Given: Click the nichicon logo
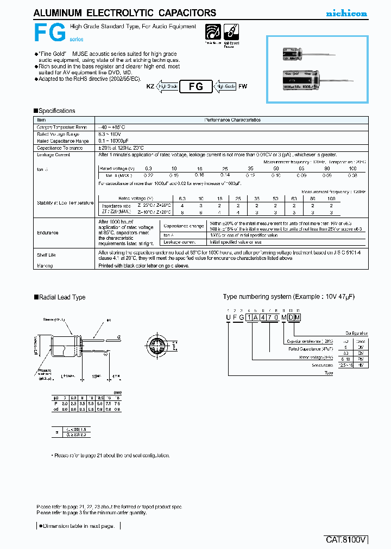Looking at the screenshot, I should tap(346, 13).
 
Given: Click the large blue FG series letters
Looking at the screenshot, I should tap(50, 34).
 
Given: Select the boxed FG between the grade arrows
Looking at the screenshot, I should tap(195, 86).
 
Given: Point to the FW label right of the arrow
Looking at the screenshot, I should tap(243, 86).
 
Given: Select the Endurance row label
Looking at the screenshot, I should tap(48, 233).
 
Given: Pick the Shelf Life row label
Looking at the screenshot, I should tap(47, 255).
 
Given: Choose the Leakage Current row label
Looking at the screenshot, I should tap(53, 155).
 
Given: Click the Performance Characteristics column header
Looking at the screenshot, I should tap(232, 120).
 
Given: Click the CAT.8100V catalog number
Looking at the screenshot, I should tap(346, 540).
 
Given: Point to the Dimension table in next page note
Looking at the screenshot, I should tap(78, 526).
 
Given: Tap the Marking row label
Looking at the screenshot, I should tap(45, 266).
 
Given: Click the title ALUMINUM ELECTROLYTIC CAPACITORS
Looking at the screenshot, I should tap(124, 13).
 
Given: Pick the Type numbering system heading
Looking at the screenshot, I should tap(281, 297).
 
